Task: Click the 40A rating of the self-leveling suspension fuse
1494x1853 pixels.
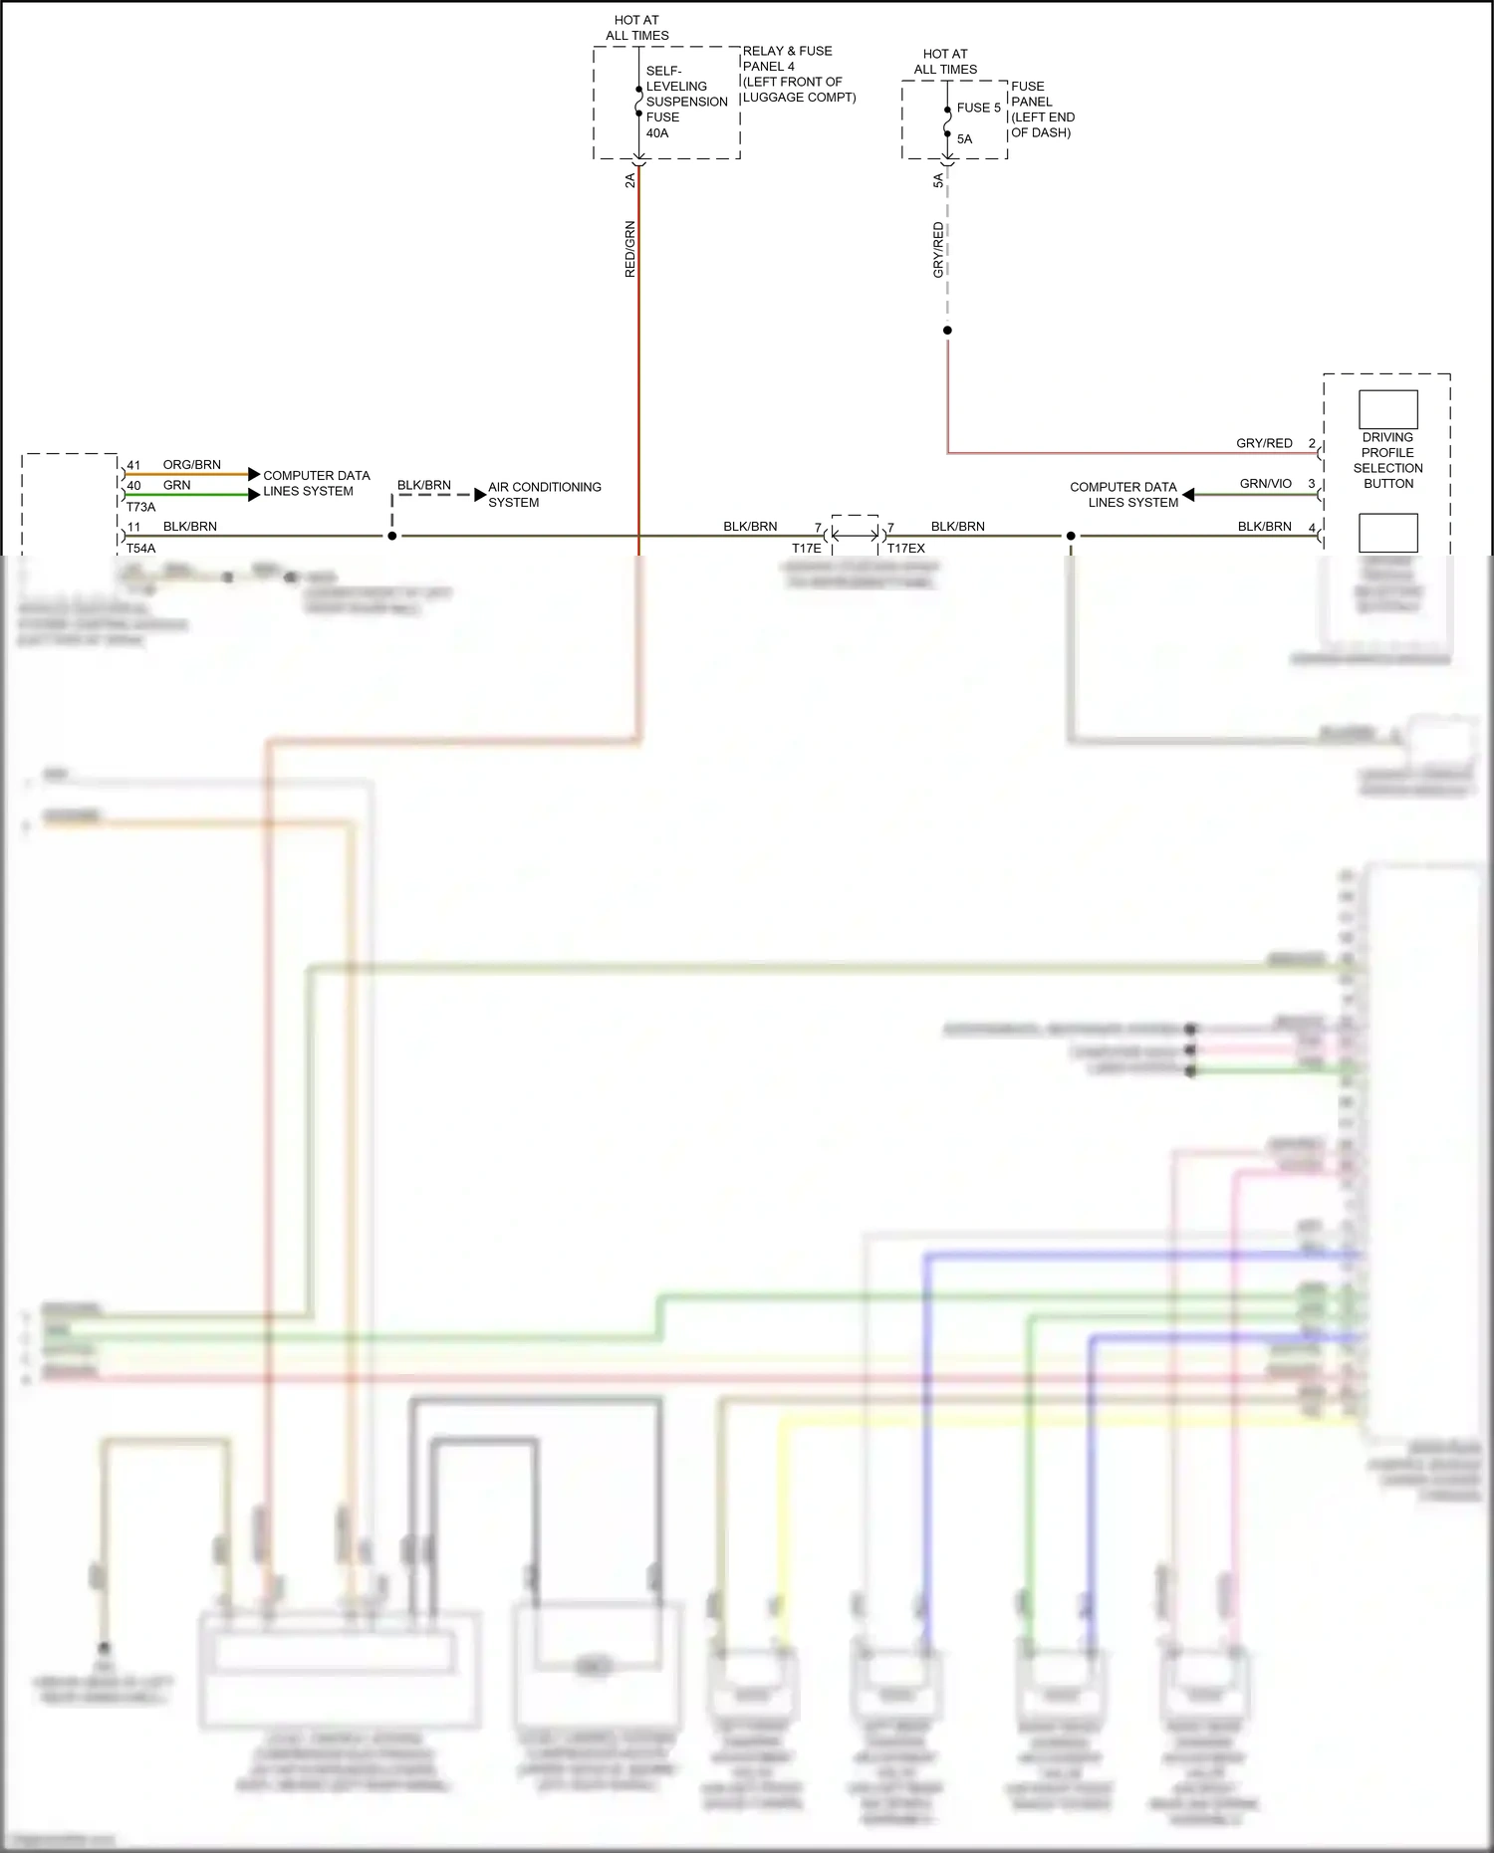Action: coord(657,133)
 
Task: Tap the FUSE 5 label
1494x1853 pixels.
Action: coord(978,108)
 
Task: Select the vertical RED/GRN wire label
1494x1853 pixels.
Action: coord(629,249)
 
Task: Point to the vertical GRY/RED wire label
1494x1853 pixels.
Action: coord(938,250)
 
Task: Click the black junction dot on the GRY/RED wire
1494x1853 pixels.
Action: coord(947,331)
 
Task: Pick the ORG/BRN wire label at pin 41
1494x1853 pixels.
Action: coord(191,465)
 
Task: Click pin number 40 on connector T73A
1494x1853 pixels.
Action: coord(133,486)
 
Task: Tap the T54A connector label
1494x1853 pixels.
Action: coord(140,549)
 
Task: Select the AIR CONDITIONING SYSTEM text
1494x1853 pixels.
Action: coord(544,495)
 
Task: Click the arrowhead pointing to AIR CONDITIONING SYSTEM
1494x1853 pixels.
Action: coord(480,495)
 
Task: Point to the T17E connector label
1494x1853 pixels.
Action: coord(806,549)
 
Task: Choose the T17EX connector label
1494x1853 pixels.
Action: coord(906,549)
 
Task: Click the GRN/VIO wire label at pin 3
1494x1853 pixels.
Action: coord(1265,484)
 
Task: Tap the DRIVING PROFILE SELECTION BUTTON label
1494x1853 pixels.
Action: coord(1387,460)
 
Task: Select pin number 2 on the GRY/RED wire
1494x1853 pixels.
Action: coord(1312,444)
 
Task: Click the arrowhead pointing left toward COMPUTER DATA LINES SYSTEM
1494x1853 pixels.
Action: coord(1188,495)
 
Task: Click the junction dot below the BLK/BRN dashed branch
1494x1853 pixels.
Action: coord(392,536)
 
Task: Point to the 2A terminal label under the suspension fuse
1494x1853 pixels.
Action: coord(629,180)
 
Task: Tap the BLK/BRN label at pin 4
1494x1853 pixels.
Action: coord(1264,527)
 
